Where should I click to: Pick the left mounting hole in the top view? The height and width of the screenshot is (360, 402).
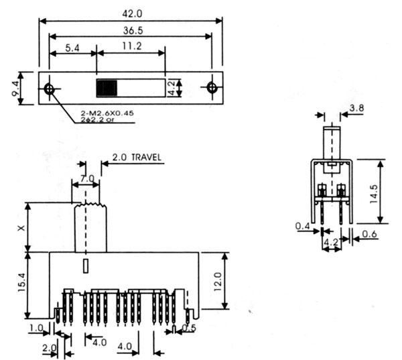49,88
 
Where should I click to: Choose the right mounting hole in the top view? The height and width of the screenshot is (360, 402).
212,88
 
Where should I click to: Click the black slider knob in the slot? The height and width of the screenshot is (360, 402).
107,88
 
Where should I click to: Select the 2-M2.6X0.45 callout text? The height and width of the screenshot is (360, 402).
108,114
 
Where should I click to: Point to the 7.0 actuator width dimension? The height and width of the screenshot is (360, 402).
86,179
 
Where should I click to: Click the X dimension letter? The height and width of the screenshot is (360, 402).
23,227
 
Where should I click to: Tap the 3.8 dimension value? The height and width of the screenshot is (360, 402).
356,107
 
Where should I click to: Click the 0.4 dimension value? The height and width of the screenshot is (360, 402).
303,227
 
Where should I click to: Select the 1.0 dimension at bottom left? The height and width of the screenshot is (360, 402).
36,328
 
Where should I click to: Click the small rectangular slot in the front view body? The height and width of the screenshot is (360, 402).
85,265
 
